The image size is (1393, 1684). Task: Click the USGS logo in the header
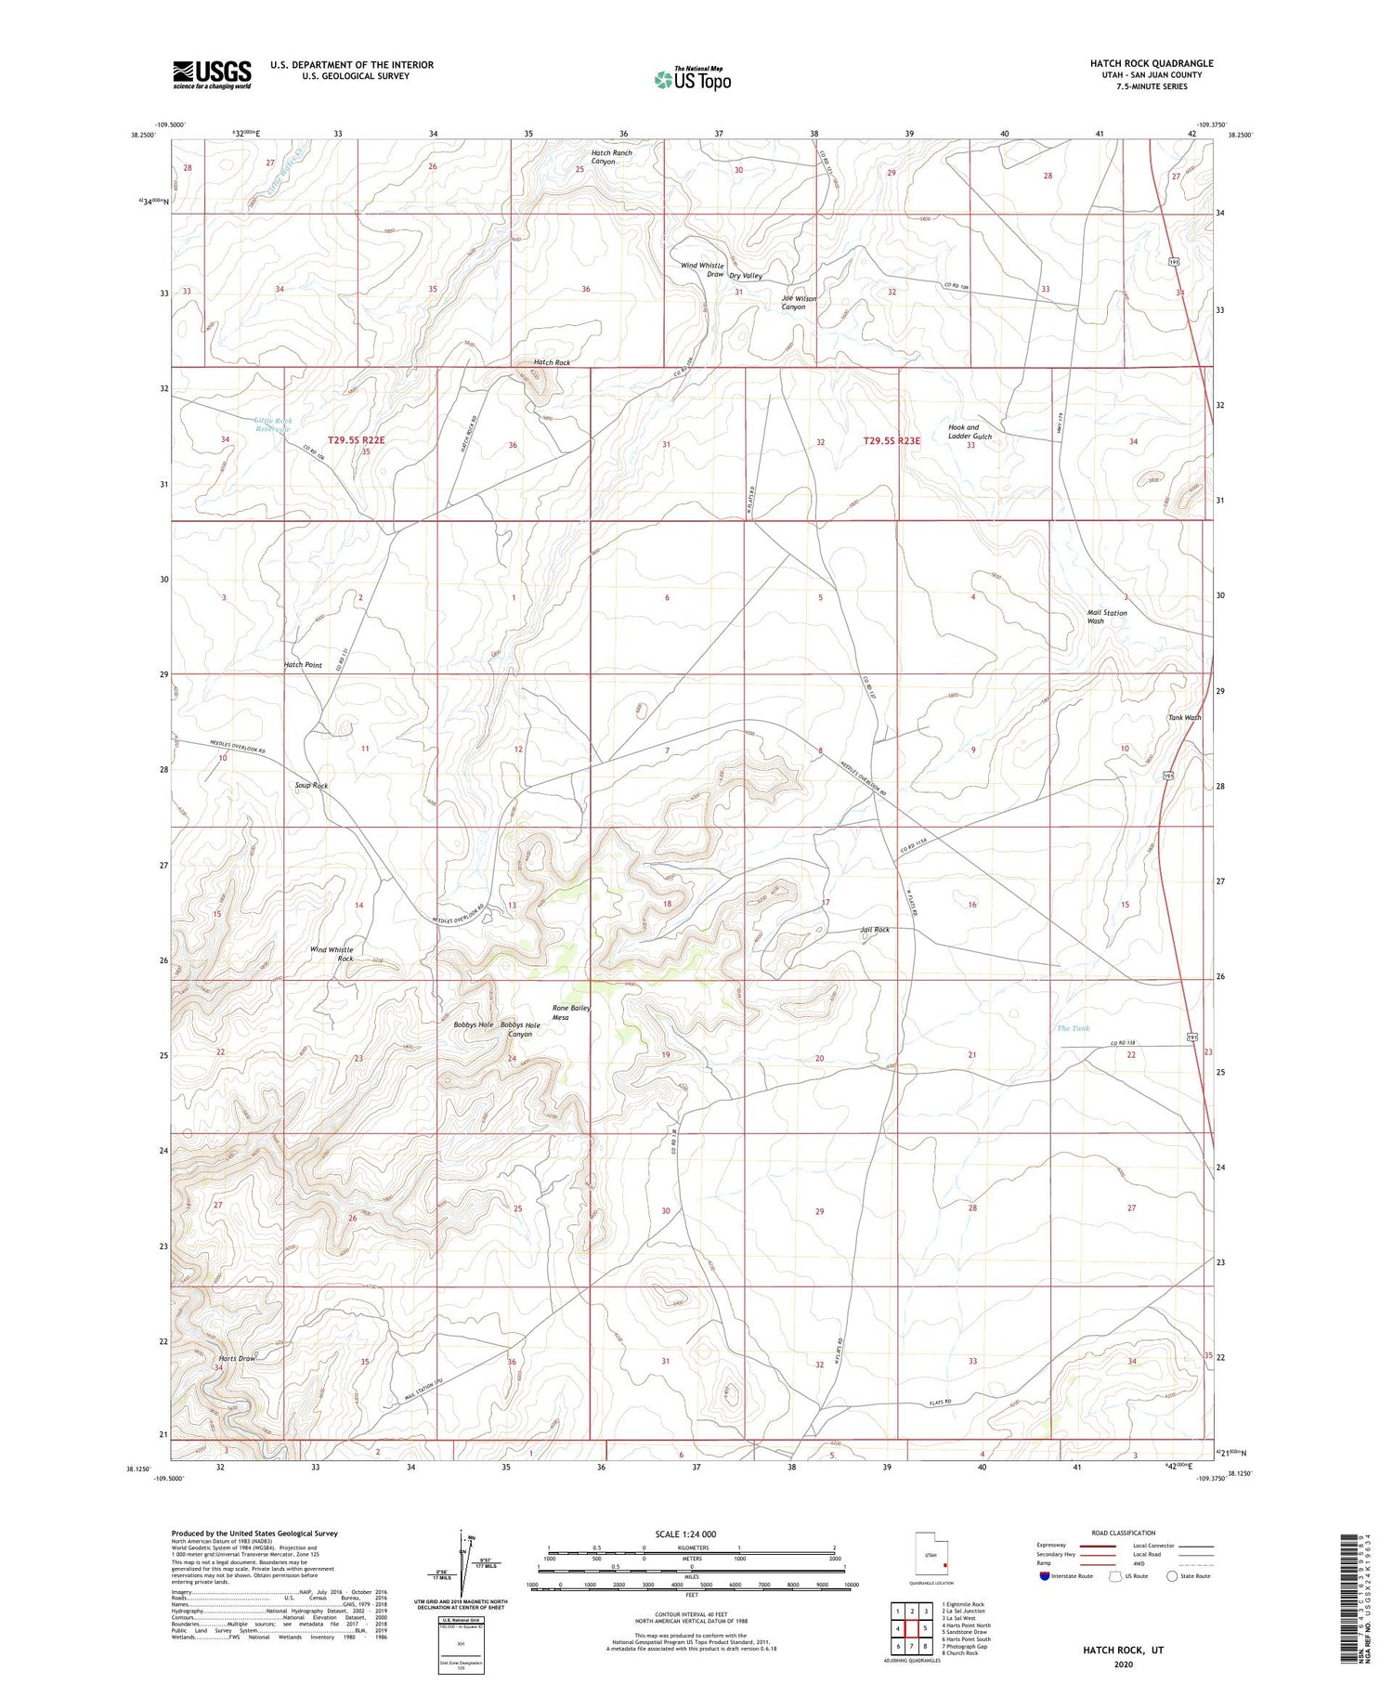212,74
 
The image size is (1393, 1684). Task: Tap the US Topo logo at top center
693,79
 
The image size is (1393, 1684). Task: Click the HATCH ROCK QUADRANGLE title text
1151,63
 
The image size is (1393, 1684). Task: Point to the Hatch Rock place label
552,362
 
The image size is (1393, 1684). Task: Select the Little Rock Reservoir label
273,424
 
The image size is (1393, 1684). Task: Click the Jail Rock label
874,929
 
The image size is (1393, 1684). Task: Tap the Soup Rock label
312,785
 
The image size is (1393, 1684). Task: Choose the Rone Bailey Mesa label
571,1012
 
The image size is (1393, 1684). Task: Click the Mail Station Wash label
1107,616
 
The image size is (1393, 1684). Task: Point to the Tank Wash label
1184,717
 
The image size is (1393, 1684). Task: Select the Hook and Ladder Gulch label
970,432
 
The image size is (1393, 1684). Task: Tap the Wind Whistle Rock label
332,953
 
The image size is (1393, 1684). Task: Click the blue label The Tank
1073,1027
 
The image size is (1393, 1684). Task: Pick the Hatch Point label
303,665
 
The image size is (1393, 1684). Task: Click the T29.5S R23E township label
892,441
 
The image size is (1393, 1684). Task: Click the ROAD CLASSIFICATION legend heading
1124,1533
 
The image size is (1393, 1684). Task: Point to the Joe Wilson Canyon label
799,302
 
